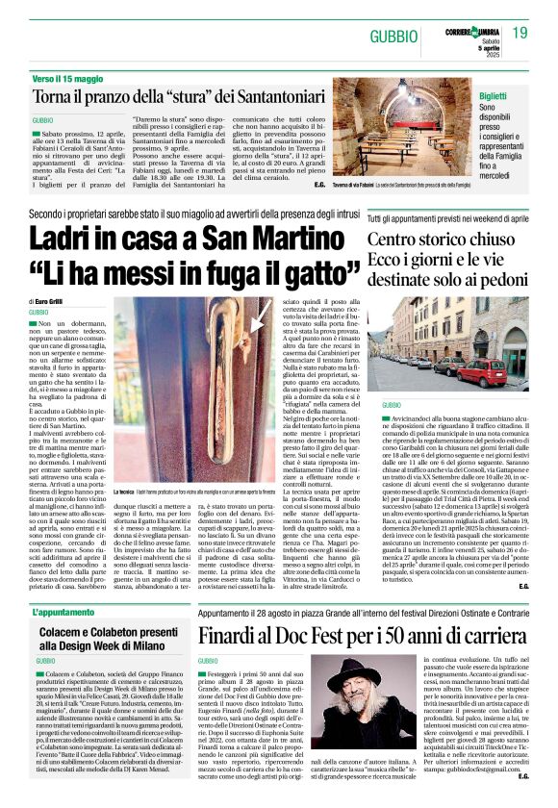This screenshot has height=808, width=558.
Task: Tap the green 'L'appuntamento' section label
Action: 68,585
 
